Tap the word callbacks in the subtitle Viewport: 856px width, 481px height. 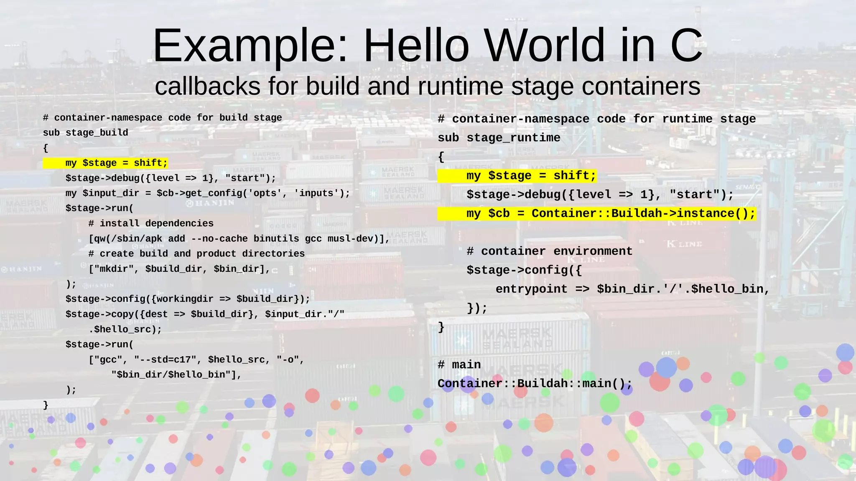208,86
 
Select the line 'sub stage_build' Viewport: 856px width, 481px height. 85,133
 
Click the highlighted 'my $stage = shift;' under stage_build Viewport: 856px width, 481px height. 116,163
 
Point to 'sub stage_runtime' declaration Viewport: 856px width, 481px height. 499,138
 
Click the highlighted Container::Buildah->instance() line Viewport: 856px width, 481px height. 611,214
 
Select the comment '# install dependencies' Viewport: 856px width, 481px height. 151,223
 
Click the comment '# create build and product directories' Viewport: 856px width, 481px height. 196,254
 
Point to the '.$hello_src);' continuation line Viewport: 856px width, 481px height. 125,329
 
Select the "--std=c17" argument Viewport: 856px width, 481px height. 165,359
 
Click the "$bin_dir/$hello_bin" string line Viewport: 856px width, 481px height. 176,375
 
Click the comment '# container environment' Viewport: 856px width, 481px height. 549,251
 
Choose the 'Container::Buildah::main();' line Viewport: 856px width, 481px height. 535,383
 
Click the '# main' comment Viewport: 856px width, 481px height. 459,365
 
